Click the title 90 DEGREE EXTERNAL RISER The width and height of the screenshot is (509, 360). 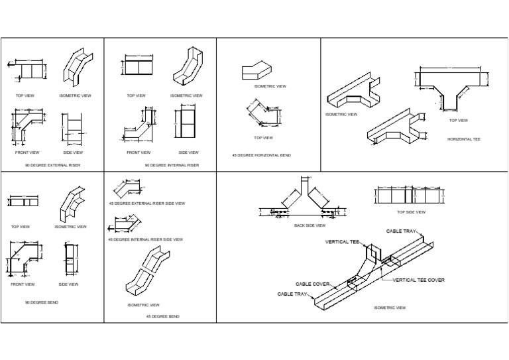pos(52,165)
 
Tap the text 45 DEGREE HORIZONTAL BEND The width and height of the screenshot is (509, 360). pos(261,155)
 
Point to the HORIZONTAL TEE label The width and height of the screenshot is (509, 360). pos(464,139)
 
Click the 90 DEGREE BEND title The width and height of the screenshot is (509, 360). pos(42,302)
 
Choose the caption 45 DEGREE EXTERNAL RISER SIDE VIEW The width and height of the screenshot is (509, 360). pos(146,203)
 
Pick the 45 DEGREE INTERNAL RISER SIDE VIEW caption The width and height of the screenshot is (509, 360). pos(145,239)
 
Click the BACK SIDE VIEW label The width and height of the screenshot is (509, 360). pos(310,225)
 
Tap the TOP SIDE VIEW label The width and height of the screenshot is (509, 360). pos(411,212)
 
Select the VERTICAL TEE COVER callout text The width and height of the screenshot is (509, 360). pos(419,280)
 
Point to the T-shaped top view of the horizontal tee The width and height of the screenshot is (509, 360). pos(454,86)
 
